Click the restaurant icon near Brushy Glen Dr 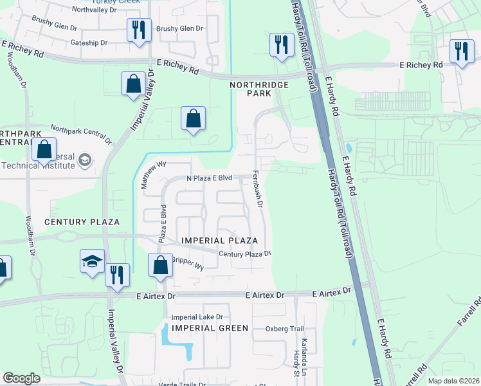[139, 30]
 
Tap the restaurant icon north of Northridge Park [281, 45]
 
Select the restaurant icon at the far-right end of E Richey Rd [461, 51]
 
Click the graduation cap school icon [92, 262]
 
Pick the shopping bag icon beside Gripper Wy [160, 265]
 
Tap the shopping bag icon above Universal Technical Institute [44, 149]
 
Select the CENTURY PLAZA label [82, 222]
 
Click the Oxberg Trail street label [284, 328]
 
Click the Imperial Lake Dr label [197, 317]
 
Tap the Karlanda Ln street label [304, 349]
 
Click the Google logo [21, 378]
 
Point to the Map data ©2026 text [453, 380]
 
